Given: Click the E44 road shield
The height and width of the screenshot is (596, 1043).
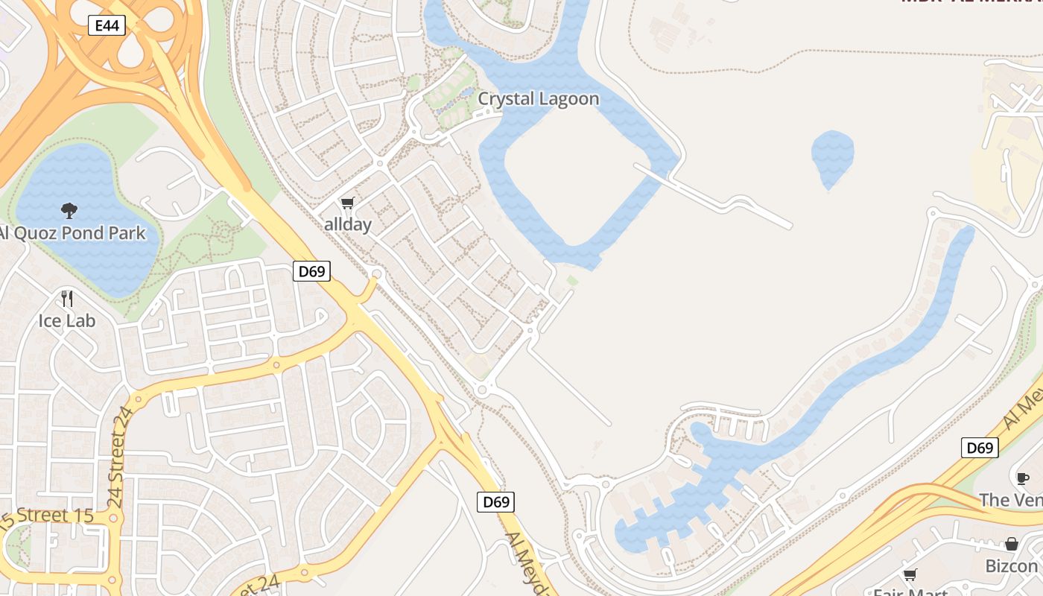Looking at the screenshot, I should tap(107, 25).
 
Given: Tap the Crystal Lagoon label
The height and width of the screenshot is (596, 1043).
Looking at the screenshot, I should tap(538, 99).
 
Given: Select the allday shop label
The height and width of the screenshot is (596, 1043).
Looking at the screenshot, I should tap(348, 224).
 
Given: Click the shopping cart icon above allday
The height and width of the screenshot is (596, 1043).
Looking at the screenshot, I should tap(348, 203).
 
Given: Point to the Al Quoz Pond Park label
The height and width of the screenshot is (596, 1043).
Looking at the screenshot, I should tap(72, 233).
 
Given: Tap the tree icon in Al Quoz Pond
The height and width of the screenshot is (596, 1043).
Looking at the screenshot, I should tap(69, 211).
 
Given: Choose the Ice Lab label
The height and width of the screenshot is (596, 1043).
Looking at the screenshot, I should tap(67, 321).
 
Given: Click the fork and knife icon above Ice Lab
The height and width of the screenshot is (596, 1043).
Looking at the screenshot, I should tap(67, 299).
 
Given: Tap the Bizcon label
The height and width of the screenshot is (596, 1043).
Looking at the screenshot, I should tap(1011, 566).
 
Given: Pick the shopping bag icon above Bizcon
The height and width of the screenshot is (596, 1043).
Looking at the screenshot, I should tap(1011, 544).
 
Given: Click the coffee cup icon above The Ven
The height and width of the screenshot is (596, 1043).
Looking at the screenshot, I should tap(1023, 478).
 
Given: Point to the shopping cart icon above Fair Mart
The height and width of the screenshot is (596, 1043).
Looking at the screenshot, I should tap(910, 574).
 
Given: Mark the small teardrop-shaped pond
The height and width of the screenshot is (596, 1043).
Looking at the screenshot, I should tap(831, 156).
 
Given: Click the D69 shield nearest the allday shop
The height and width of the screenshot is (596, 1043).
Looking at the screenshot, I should tap(311, 271).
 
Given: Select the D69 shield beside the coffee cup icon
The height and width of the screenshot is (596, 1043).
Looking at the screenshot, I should tap(980, 448).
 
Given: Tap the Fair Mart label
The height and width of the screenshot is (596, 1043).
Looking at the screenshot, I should tap(910, 592).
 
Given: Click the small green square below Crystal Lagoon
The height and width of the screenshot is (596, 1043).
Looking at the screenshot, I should tap(572, 280).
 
